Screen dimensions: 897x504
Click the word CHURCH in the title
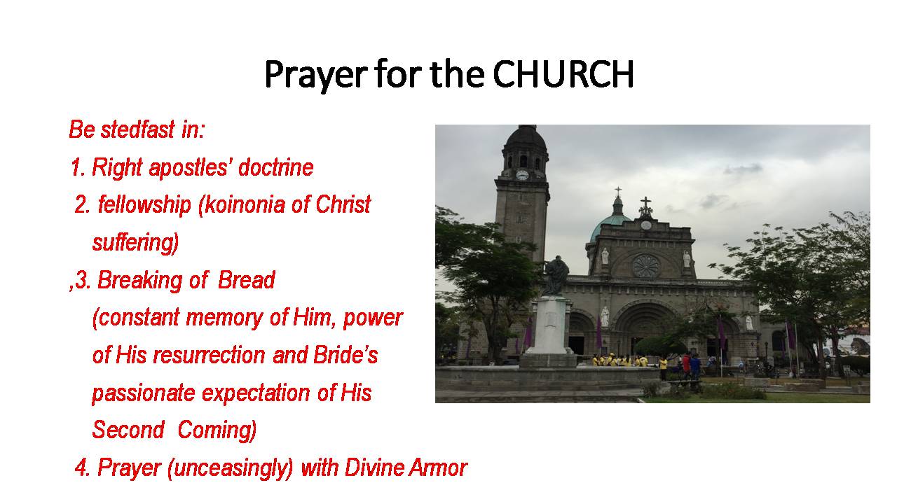point(563,74)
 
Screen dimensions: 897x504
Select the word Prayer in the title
point(315,75)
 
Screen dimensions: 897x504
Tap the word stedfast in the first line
point(137,129)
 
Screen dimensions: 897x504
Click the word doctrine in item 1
point(275,167)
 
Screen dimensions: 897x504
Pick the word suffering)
point(135,242)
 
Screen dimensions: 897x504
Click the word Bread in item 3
point(246,279)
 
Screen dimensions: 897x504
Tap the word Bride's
point(345,354)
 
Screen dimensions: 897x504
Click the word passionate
point(144,393)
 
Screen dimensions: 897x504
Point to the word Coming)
point(217,430)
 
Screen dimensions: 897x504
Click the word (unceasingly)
point(231,468)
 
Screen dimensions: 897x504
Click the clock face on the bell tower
point(522,175)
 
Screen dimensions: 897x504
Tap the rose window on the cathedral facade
point(645,265)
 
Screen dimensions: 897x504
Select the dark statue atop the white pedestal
point(556,276)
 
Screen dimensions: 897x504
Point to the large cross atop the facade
point(645,206)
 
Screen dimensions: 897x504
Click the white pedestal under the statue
point(549,326)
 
